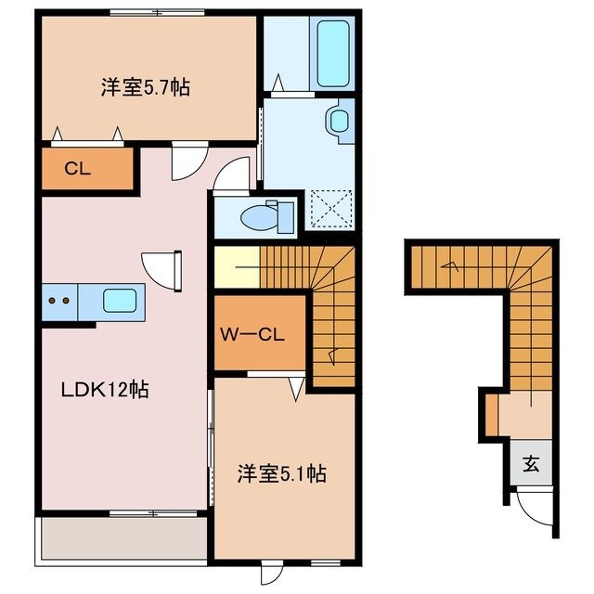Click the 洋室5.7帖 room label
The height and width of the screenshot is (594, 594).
[146, 88]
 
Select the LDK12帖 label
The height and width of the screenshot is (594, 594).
[105, 389]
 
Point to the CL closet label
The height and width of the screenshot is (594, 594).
[77, 169]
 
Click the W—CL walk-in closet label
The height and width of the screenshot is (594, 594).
[259, 332]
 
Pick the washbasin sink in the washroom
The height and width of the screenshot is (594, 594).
[339, 121]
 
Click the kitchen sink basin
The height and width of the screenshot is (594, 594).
[120, 301]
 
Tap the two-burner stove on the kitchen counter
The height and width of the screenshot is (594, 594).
[59, 301]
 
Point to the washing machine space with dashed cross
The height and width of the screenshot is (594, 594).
[331, 207]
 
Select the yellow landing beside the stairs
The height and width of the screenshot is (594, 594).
[236, 267]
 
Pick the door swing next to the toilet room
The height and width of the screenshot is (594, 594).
[234, 174]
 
